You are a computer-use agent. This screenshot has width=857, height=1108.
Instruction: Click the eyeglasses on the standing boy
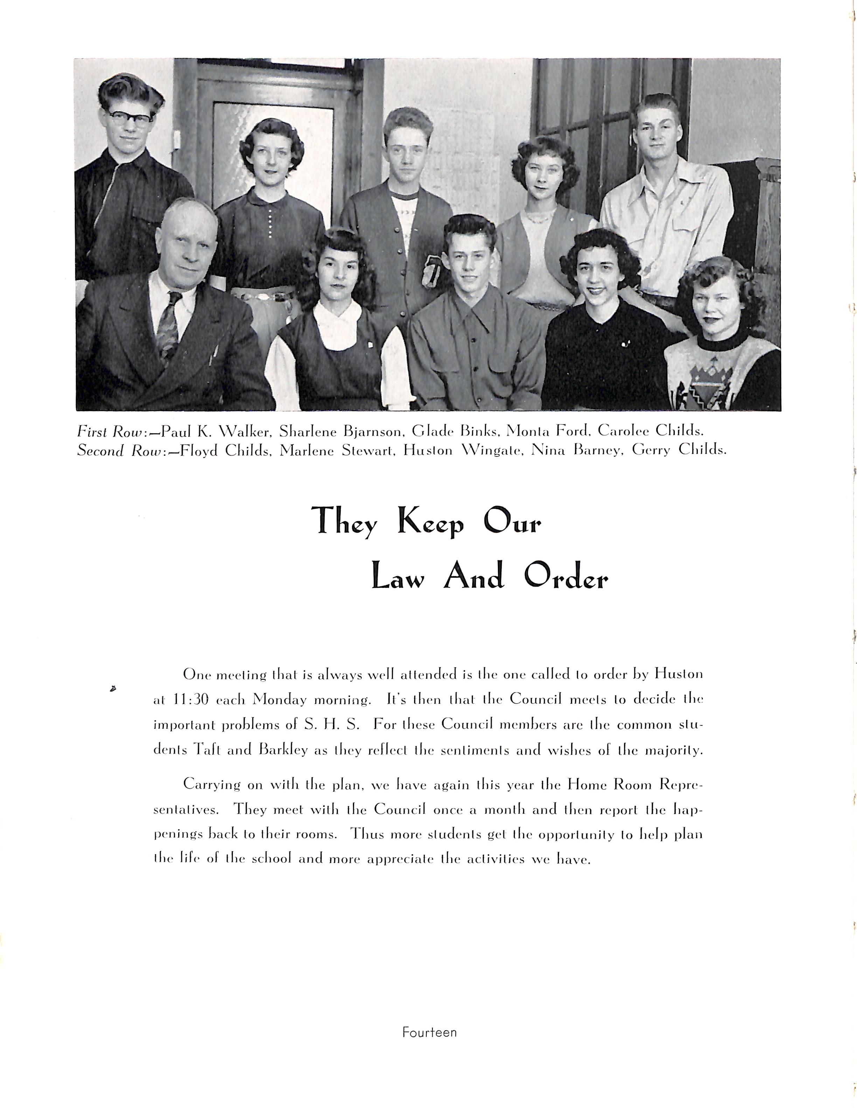pyautogui.click(x=130, y=118)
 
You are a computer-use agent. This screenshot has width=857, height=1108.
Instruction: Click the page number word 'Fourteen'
pyautogui.click(x=429, y=1032)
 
